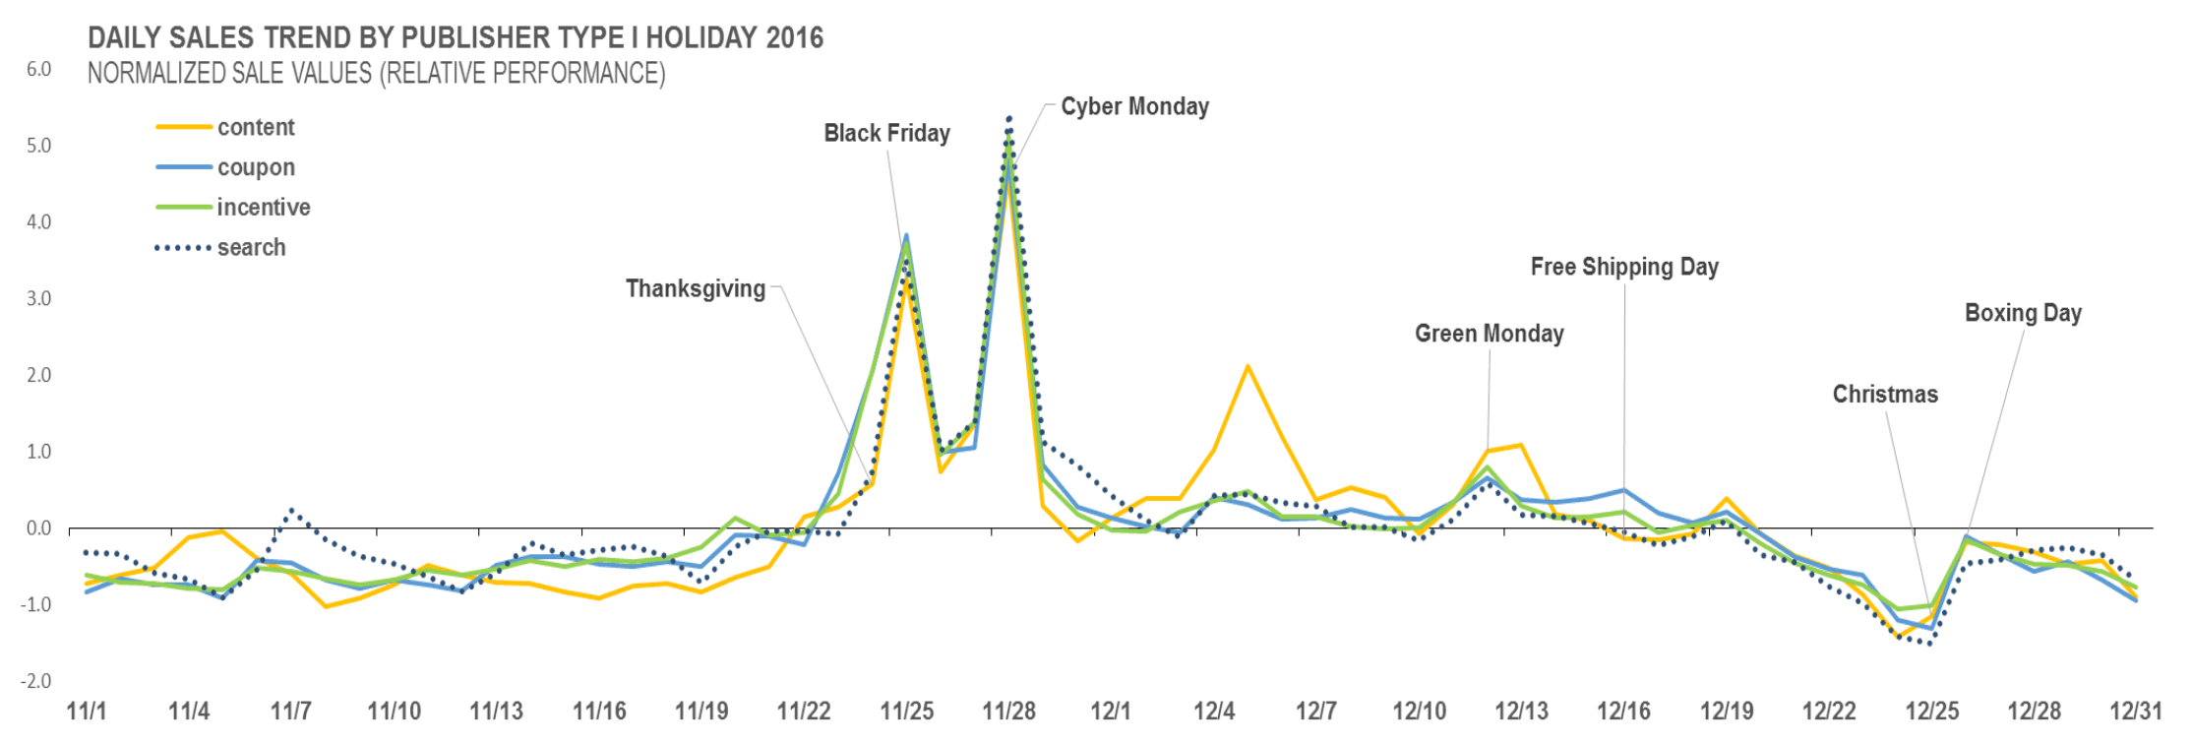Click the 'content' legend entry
tap(255, 127)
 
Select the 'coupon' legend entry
tap(256, 167)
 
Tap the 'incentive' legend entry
tap(263, 208)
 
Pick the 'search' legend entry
tap(251, 248)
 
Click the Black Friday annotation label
tap(886, 134)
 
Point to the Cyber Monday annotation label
tap(1134, 106)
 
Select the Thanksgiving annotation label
tap(696, 289)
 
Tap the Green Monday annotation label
tap(1489, 334)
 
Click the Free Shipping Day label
tap(1624, 267)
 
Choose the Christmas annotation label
tap(1885, 395)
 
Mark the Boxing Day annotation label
tap(2023, 313)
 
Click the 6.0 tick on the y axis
tap(38, 70)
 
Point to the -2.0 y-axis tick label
tap(36, 681)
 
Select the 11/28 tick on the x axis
tap(1008, 712)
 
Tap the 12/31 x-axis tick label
tap(2136, 712)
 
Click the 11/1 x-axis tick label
tap(87, 712)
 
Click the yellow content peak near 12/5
tap(1248, 367)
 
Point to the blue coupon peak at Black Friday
tap(906, 235)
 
